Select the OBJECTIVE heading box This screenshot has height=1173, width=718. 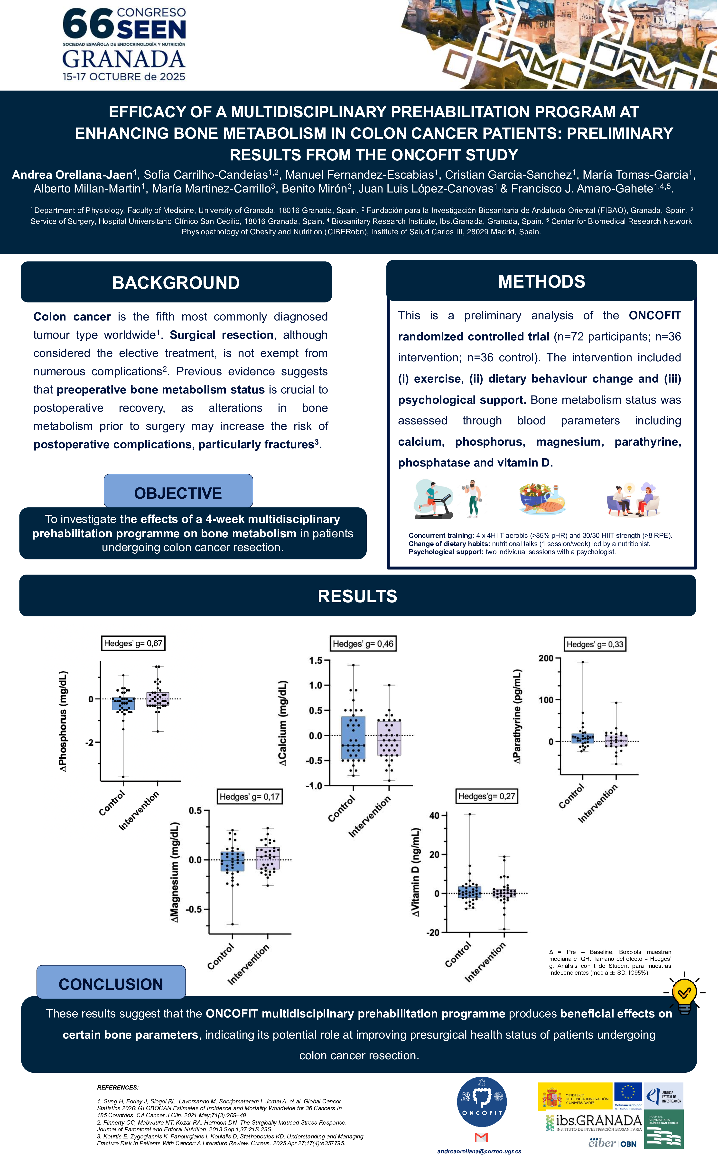178,493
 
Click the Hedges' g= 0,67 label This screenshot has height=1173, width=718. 133,643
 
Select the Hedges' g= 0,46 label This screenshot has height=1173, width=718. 363,644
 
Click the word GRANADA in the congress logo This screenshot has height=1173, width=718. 124,59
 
